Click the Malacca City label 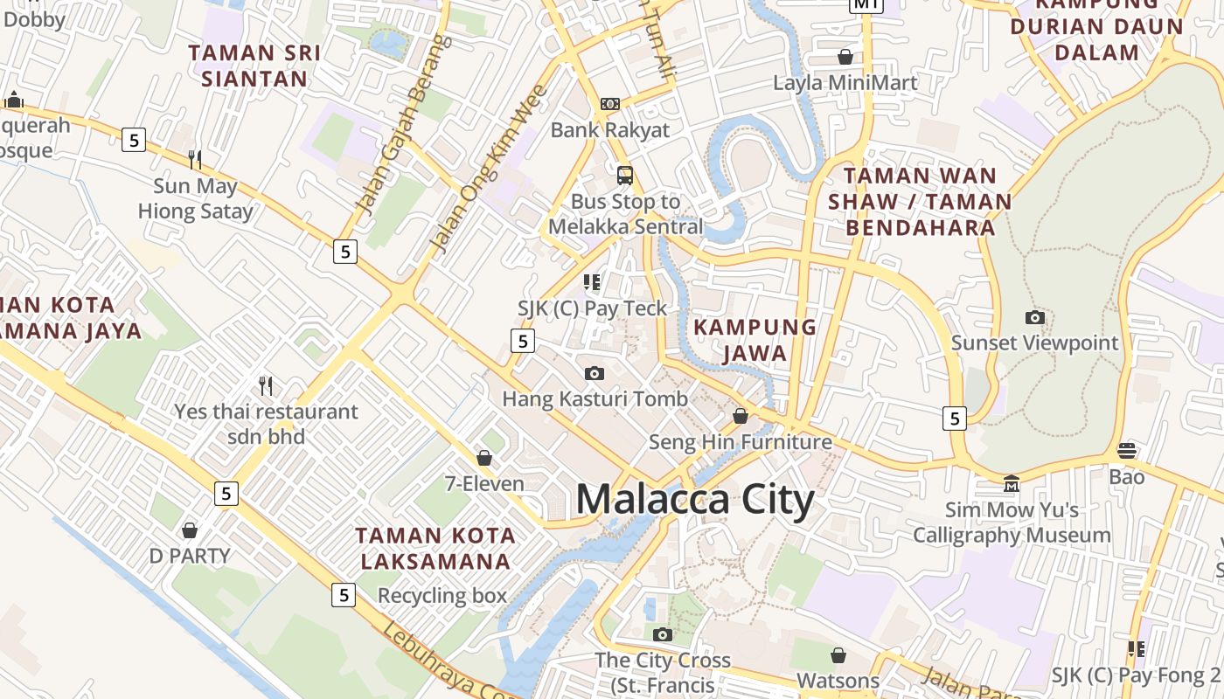click(695, 500)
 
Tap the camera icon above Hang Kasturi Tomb click(595, 374)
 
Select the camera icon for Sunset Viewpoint click(1035, 317)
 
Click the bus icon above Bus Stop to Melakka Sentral click(625, 175)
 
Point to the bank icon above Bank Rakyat click(610, 104)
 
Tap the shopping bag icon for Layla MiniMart click(845, 58)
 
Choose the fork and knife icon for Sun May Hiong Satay click(195, 159)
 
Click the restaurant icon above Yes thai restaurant click(266, 385)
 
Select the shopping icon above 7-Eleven click(484, 458)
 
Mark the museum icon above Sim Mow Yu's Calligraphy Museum click(1012, 483)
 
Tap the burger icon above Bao click(1127, 451)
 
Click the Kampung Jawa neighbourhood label click(755, 341)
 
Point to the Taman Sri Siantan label click(254, 66)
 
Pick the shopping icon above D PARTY click(190, 530)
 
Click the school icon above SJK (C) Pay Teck click(592, 282)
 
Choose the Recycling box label click(442, 596)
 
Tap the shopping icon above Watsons click(838, 655)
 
